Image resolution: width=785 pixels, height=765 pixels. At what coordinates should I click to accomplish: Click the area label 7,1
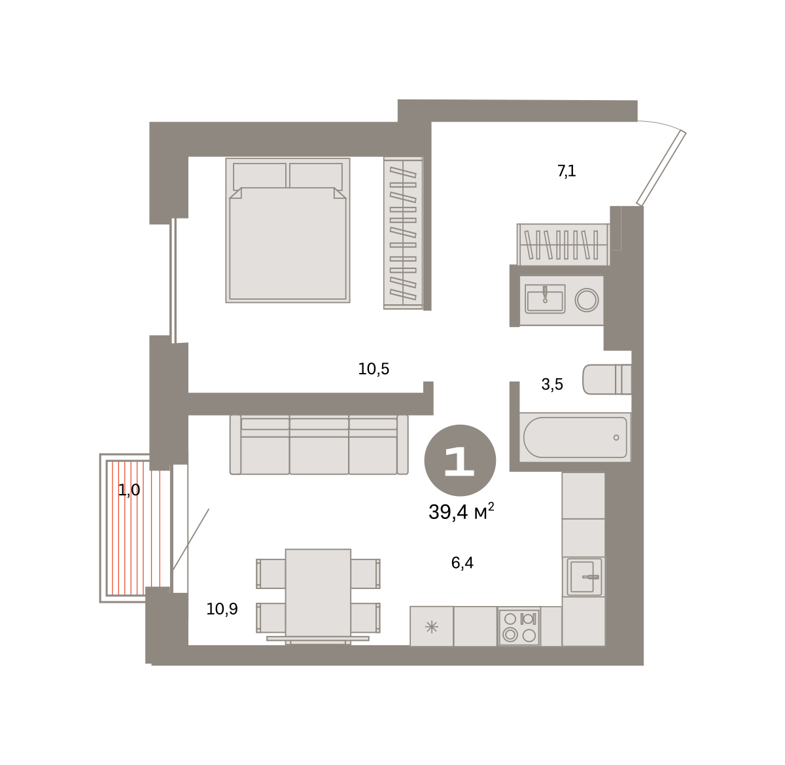567,171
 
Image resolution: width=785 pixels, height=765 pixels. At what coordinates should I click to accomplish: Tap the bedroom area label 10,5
374,369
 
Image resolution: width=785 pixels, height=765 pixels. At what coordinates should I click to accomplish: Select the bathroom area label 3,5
552,384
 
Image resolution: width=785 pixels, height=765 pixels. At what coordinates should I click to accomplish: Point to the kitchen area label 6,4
462,562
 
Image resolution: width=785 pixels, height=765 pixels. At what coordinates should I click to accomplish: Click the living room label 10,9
222,609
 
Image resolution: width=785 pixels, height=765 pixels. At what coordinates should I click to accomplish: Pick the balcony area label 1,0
129,490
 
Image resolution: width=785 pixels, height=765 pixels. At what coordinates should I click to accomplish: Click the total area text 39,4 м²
461,512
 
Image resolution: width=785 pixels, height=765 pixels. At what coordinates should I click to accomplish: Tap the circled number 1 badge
460,460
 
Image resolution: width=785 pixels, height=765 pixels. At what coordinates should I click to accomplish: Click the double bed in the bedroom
288,230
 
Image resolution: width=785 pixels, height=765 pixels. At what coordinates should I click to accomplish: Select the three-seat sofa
319,444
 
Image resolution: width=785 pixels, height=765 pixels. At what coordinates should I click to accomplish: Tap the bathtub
575,437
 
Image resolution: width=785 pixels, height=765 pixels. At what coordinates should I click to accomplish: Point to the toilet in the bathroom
606,380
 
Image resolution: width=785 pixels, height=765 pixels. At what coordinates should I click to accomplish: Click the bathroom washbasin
545,299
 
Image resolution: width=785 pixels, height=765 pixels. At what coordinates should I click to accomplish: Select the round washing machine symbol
587,300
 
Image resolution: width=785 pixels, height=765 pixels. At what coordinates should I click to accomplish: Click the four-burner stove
519,626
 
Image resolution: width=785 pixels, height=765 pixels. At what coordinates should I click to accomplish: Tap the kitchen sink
584,577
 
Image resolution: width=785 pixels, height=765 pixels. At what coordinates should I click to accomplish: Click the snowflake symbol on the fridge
432,627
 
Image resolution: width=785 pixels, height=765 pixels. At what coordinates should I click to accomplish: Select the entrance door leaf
661,168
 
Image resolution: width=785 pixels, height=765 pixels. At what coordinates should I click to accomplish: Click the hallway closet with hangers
563,245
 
